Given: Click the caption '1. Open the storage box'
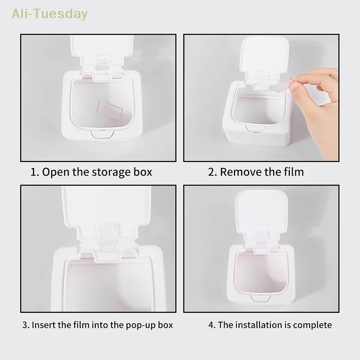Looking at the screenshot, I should pyautogui.click(x=91, y=172).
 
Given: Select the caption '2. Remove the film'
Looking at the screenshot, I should pyautogui.click(x=256, y=172).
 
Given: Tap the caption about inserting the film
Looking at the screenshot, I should pyautogui.click(x=98, y=325).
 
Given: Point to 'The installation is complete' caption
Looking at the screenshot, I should pyautogui.click(x=270, y=325).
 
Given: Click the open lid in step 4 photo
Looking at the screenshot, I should pyautogui.click(x=258, y=211).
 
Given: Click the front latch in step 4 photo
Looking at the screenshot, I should pyautogui.click(x=258, y=298).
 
